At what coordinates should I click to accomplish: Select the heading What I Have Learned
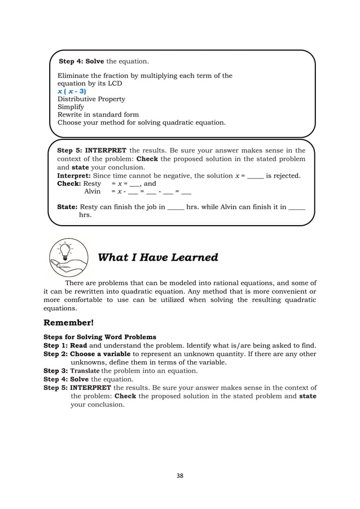tap(158, 258)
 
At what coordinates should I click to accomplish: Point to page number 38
tap(179, 475)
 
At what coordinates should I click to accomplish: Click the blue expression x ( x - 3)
tap(72, 91)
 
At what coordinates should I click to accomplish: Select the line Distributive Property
tap(91, 99)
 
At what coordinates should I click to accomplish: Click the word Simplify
tap(71, 107)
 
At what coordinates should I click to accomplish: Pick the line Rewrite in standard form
tap(98, 115)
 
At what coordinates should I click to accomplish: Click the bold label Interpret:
tap(74, 175)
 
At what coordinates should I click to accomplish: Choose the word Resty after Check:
tap(93, 183)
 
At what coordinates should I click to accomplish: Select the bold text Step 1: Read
tap(65, 345)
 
